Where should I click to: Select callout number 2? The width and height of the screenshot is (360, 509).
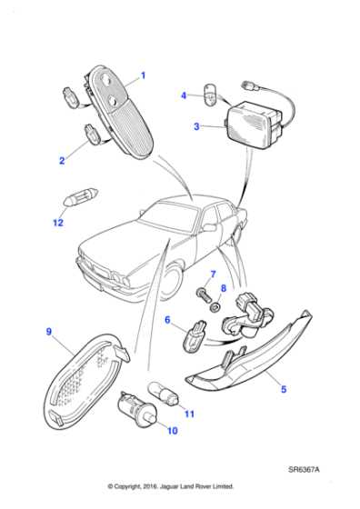pos(62,161)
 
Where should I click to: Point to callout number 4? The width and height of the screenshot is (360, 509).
pos(183,95)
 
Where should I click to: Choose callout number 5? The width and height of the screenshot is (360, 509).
pos(283,389)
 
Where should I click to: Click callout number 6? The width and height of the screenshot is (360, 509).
pos(167,320)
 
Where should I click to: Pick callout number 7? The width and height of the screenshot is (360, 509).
pos(212,274)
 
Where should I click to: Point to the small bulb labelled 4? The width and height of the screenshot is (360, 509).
pos(211,93)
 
